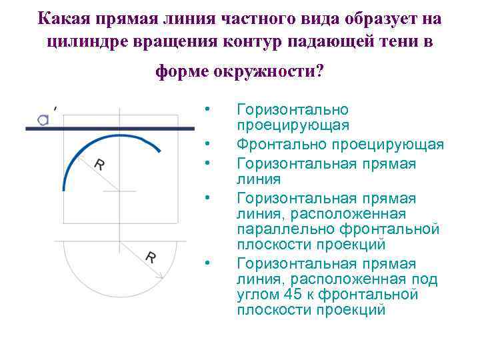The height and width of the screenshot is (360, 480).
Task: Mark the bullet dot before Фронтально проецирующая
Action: pos(208,143)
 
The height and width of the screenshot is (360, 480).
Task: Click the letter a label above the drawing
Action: pos(43,120)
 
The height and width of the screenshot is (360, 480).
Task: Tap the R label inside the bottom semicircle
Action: pos(151,257)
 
